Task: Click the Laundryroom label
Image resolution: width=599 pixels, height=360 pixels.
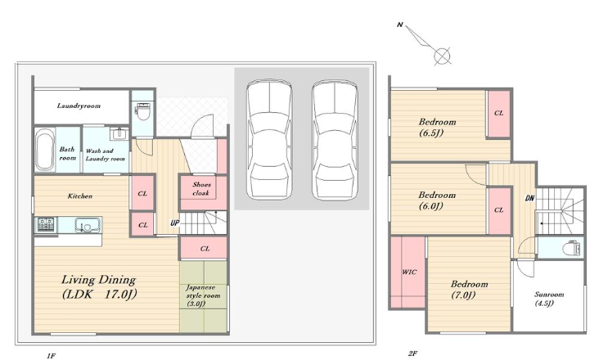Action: click(79, 106)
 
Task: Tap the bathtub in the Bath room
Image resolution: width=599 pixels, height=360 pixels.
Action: click(45, 150)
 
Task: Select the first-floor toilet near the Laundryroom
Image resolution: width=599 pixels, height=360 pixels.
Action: click(142, 110)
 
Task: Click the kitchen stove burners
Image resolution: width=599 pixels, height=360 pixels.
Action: click(46, 224)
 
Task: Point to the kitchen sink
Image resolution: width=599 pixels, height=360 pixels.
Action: click(88, 224)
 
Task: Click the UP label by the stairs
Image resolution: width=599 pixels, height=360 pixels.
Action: click(174, 223)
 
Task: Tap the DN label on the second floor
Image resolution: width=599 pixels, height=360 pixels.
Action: click(529, 198)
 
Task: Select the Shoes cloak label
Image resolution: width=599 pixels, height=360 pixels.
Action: click(201, 188)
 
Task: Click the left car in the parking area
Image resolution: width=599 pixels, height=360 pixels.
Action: click(269, 139)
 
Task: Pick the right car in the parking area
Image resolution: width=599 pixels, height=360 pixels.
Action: click(334, 139)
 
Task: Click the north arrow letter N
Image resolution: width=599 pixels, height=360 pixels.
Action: click(399, 25)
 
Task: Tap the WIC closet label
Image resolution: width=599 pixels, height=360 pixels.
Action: click(409, 272)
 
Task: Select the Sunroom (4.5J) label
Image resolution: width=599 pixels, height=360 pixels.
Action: click(549, 299)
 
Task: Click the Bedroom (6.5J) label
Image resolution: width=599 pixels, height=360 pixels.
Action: click(437, 127)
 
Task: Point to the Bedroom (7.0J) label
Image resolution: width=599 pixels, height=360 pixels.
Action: click(469, 289)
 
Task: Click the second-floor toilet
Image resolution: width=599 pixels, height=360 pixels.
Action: click(572, 248)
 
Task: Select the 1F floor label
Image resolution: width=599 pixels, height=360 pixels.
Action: click(51, 356)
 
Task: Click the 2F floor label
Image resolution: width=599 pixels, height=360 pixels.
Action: click(412, 353)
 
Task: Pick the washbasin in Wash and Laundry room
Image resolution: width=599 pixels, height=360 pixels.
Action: click(119, 133)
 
